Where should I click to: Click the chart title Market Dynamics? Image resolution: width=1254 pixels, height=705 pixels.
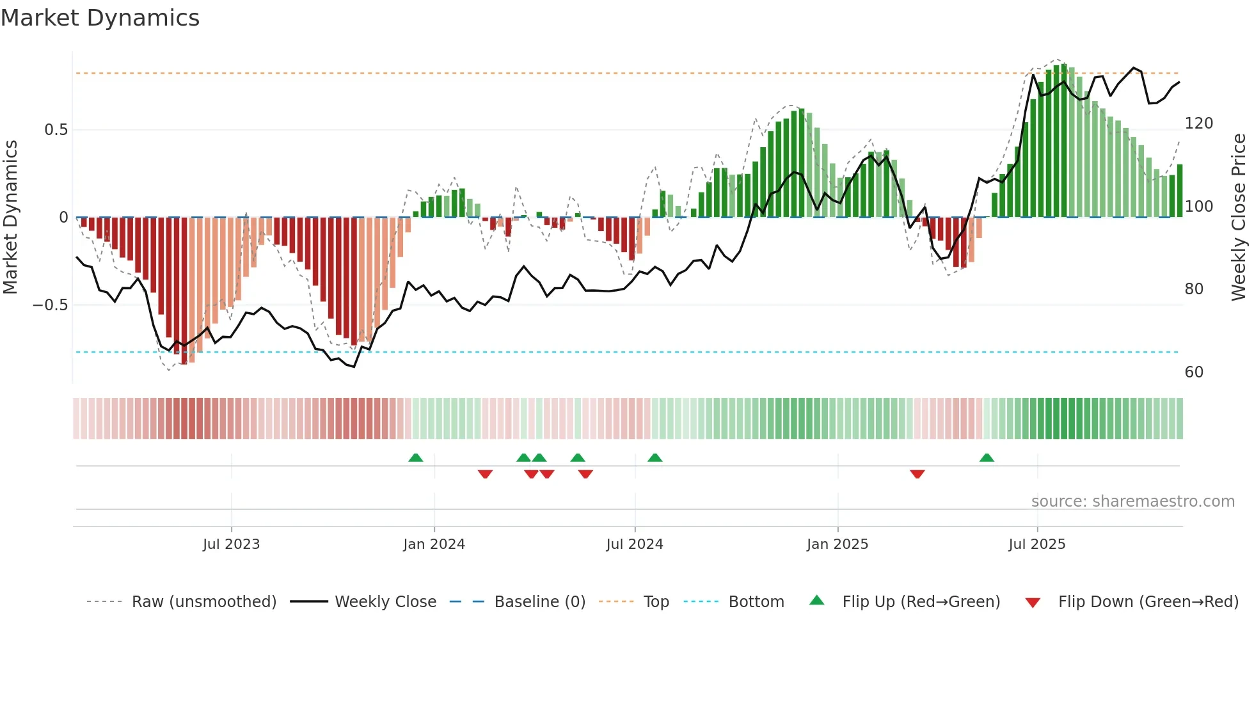tap(100, 18)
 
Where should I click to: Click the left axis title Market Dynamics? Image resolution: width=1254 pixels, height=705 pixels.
tap(10, 218)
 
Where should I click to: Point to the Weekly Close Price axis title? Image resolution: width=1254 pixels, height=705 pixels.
tap(1239, 218)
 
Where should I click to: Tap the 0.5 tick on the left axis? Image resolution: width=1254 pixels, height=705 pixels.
tap(56, 130)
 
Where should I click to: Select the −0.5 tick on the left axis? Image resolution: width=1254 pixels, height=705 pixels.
tap(51, 305)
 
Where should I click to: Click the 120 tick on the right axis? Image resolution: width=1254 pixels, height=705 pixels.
tap(1198, 123)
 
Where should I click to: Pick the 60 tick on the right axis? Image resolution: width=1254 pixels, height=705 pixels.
tap(1194, 372)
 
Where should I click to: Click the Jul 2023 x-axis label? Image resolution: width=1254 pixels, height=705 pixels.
tap(231, 544)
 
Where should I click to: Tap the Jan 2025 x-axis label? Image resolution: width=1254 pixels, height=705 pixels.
tap(837, 544)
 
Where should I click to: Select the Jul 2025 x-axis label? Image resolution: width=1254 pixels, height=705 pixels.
tap(1036, 544)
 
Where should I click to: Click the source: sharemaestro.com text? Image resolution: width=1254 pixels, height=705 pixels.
tap(1132, 502)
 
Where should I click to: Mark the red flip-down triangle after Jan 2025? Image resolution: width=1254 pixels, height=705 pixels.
tap(917, 474)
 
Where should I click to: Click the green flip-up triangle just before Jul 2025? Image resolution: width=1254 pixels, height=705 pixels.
tap(987, 457)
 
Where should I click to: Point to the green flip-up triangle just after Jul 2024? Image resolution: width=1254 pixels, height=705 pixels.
tap(655, 457)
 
